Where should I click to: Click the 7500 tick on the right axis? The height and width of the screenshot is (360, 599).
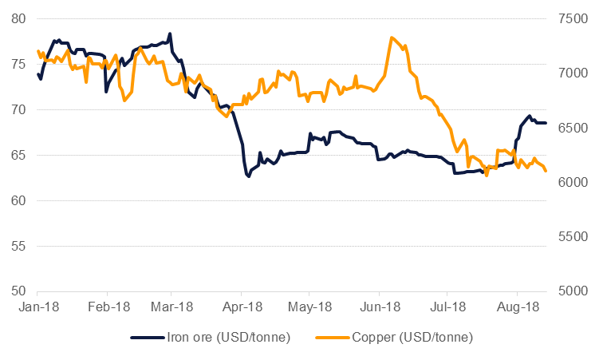click(573, 18)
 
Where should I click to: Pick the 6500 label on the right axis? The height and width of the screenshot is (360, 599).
click(573, 128)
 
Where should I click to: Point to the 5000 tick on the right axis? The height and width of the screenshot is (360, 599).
click(573, 291)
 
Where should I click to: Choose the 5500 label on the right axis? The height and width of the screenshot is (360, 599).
click(573, 237)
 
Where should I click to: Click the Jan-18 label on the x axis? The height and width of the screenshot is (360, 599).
click(39, 307)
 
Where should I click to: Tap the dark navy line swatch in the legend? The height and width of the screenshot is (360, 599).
click(147, 338)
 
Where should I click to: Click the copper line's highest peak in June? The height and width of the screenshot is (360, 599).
click(392, 38)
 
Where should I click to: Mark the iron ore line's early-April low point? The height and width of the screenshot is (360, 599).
click(249, 176)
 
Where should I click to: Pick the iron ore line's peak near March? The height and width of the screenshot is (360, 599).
click(170, 34)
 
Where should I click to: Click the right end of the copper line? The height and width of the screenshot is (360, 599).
click(546, 171)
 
